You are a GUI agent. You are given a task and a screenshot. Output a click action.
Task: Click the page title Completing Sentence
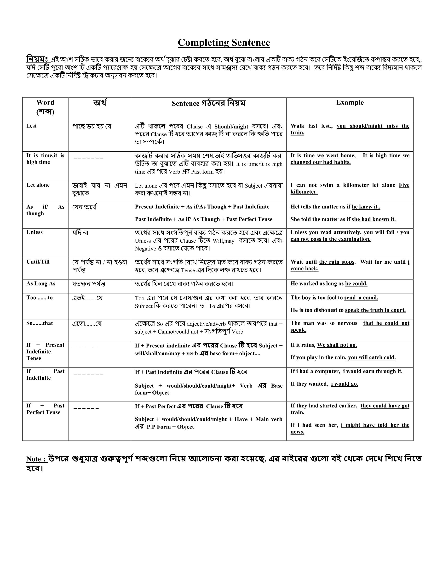[224, 42]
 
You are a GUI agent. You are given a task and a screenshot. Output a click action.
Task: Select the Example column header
[350, 103]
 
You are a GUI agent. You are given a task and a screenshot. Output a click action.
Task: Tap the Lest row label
[31, 126]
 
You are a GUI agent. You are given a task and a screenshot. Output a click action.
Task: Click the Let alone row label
[38, 185]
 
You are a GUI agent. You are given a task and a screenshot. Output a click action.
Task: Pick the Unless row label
[34, 232]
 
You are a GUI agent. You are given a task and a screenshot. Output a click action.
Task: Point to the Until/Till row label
[38, 262]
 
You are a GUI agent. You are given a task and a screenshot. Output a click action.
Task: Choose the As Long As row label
[41, 284]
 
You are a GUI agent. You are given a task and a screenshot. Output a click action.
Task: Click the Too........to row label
[40, 298]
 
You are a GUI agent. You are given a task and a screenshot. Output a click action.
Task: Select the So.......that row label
[40, 323]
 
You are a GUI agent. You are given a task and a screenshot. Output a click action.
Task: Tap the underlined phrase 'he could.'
[356, 284]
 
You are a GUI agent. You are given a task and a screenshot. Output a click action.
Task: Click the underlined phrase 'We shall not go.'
[337, 345]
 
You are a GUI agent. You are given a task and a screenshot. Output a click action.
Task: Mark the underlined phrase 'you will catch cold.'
[372, 357]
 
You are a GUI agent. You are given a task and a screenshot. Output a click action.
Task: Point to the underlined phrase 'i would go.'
[345, 384]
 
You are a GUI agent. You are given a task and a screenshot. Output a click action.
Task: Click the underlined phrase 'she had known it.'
[373, 219]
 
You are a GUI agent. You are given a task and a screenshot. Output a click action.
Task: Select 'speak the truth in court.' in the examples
[375, 310]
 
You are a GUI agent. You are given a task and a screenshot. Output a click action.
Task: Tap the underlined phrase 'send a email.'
[361, 298]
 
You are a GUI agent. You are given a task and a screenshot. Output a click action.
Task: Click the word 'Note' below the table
[34, 459]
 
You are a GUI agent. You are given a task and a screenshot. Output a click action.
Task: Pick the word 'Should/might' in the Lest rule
[231, 127]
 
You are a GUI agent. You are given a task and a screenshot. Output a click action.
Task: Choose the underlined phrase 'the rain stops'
[337, 262]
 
